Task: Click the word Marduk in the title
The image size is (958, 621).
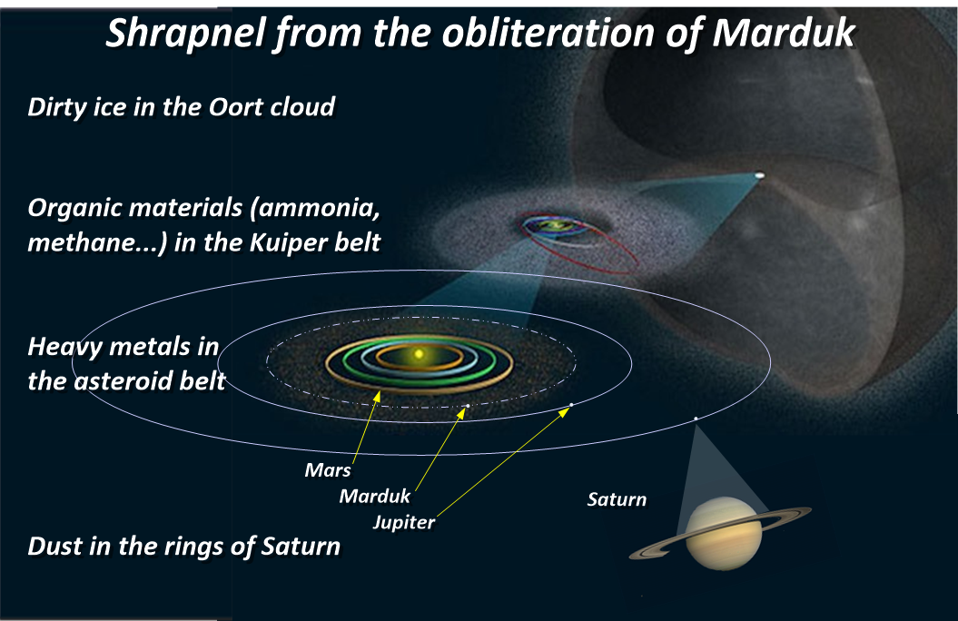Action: (784, 32)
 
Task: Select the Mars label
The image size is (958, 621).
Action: (328, 470)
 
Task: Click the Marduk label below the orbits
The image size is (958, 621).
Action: (374, 496)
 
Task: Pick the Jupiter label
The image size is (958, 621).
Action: (404, 523)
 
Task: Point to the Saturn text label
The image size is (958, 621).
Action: (617, 499)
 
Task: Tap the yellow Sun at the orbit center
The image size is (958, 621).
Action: (419, 354)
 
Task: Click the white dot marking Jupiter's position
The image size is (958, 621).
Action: (571, 405)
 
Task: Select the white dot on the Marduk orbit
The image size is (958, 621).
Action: (468, 406)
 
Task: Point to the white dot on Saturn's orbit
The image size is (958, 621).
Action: (696, 419)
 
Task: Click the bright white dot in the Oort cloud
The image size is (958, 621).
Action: (759, 175)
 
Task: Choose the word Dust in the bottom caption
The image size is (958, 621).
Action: (54, 546)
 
